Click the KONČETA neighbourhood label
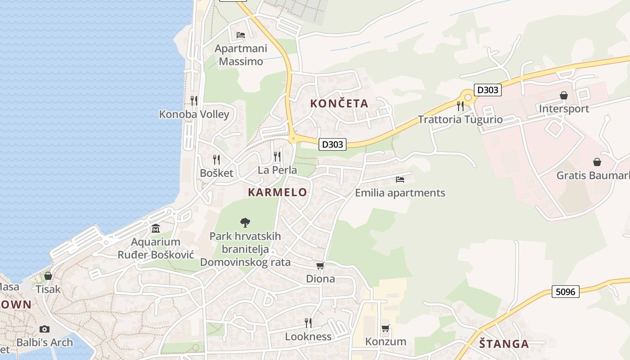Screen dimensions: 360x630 [339, 103]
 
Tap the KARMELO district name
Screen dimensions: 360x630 [277, 192]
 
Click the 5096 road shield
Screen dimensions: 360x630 [565, 292]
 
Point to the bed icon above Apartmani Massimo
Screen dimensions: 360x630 [241, 35]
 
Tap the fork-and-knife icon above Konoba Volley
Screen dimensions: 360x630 [194, 100]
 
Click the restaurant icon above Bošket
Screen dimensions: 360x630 [216, 159]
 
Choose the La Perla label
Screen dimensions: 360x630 [277, 170]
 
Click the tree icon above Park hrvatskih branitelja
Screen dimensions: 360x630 [245, 222]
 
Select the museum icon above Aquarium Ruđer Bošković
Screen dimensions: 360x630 [156, 228]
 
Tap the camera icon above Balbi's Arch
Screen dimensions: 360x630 [44, 329]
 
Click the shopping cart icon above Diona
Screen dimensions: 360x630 [320, 266]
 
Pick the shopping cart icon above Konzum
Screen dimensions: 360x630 [385, 328]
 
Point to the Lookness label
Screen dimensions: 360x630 [308, 337]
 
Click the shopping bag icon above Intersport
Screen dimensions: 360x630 [563, 95]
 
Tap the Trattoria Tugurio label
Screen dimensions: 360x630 [460, 120]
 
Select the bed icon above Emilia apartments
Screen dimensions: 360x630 [400, 180]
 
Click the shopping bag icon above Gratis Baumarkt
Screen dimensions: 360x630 [597, 162]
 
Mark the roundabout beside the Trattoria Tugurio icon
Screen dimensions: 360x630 [468, 97]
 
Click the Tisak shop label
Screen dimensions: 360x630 [48, 289]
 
